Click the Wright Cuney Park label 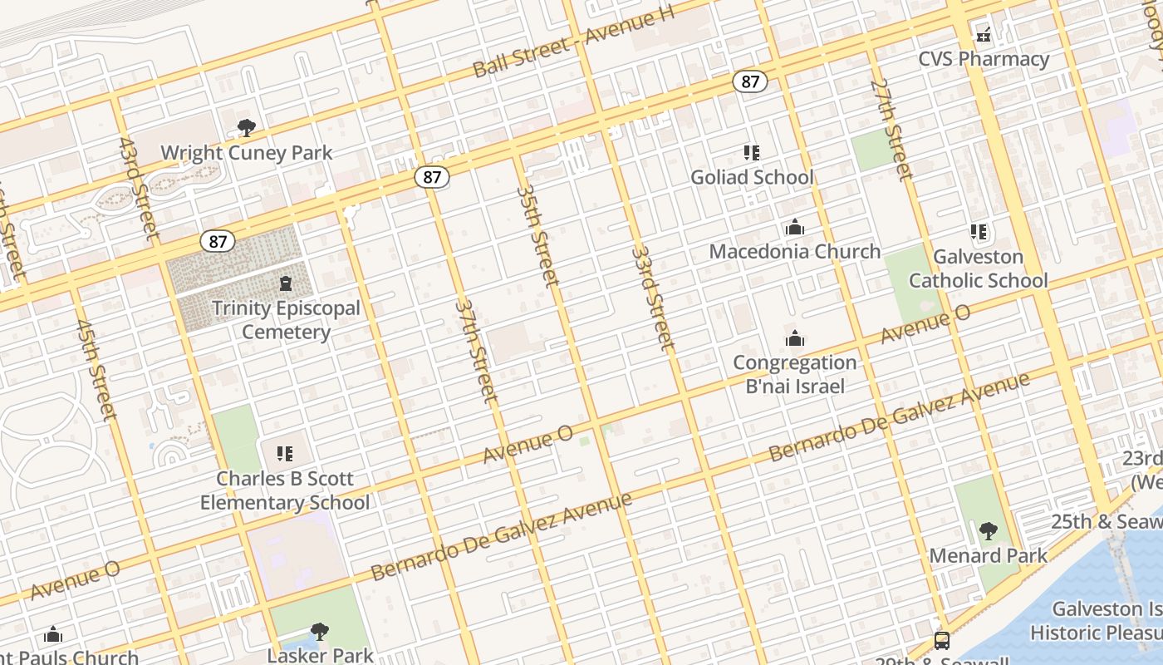click(x=246, y=153)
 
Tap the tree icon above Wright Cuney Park click(x=246, y=128)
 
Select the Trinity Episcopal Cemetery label click(x=286, y=320)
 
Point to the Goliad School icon click(x=752, y=153)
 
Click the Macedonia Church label click(x=794, y=251)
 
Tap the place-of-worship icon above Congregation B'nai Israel click(x=795, y=338)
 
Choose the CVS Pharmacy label click(x=984, y=59)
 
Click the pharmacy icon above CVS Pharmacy click(x=984, y=35)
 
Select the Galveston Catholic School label click(x=978, y=268)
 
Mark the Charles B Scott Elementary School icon click(x=285, y=454)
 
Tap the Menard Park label click(x=988, y=555)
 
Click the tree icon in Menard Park click(x=988, y=531)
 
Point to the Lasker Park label click(x=320, y=655)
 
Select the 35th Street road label click(x=537, y=235)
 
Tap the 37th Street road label click(x=476, y=351)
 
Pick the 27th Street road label click(x=891, y=129)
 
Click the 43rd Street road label click(x=139, y=190)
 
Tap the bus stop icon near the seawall click(x=942, y=641)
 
